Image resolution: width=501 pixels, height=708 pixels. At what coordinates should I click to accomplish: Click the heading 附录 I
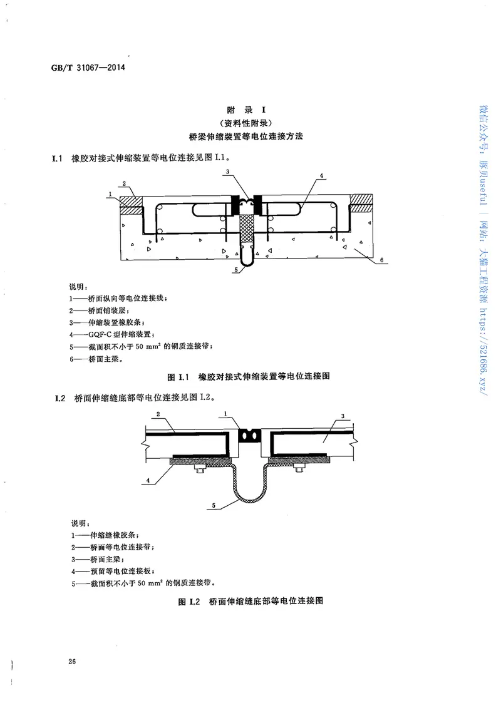click(250, 110)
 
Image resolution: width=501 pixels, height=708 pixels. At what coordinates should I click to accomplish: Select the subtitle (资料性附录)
click(250, 123)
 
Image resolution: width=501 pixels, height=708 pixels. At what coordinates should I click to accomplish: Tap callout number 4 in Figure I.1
click(321, 177)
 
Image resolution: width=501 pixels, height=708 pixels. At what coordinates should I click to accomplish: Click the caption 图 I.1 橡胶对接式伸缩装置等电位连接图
click(249, 377)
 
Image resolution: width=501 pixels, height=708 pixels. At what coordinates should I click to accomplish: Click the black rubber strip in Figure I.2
click(249, 434)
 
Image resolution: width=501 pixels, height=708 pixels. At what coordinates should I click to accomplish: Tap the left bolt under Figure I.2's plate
click(199, 470)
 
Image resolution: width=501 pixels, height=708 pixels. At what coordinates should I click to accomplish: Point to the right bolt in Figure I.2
click(298, 470)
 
